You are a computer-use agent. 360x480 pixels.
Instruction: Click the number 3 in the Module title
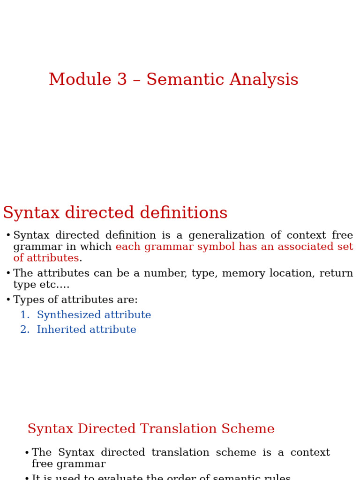(122, 80)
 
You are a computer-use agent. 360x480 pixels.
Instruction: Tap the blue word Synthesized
(69, 315)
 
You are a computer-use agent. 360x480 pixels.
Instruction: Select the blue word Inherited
(60, 330)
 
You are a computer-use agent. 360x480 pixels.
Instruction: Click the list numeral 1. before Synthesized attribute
(25, 315)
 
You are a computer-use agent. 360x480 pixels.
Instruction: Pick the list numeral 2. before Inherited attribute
(25, 330)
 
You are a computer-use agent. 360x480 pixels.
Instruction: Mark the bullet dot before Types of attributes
(8, 300)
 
